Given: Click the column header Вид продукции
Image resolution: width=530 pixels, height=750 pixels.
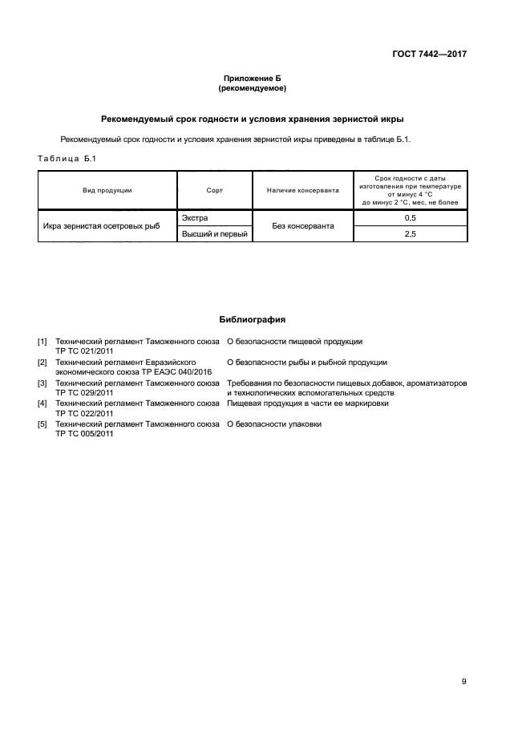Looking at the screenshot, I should [x=107, y=190].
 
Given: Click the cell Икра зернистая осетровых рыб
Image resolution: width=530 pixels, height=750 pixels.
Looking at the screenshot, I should [x=101, y=226].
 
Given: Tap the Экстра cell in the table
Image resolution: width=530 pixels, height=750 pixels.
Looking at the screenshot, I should [x=195, y=218].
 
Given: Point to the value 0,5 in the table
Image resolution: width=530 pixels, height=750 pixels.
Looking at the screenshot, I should [x=410, y=218].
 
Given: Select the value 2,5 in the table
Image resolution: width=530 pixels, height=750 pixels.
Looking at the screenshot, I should [x=410, y=233].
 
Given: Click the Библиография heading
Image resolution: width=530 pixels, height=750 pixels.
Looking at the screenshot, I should [x=253, y=319].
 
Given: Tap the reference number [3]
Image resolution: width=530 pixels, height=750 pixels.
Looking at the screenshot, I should [x=42, y=383].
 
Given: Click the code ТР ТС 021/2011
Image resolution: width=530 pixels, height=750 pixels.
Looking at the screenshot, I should [x=84, y=351].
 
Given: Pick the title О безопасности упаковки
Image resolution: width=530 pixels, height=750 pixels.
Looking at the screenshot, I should [x=274, y=424].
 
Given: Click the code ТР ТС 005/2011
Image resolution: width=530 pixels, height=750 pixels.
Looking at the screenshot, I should [x=84, y=434].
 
